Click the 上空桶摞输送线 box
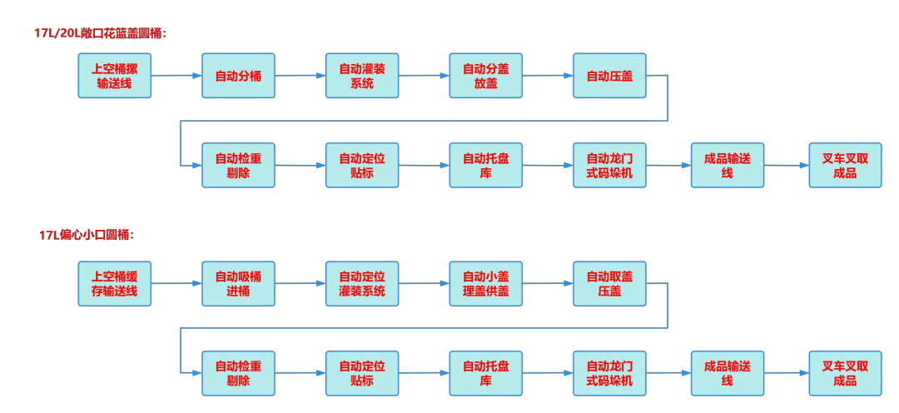(115, 76)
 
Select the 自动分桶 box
(238, 76)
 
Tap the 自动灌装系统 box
(362, 76)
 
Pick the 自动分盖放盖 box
(485, 76)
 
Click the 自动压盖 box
(609, 76)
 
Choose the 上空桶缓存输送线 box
(115, 284)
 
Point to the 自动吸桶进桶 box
(238, 284)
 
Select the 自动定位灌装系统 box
(362, 284)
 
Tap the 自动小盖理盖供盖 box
(485, 284)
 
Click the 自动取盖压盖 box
(609, 284)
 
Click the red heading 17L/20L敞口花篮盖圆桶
(100, 33)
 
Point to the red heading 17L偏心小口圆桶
(86, 236)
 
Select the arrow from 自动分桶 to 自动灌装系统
(300, 76)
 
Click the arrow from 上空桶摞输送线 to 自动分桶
(176, 76)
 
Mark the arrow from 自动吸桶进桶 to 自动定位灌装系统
(300, 284)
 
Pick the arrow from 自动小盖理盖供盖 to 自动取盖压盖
(548, 284)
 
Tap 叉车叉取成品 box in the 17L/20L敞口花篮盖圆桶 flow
(845, 165)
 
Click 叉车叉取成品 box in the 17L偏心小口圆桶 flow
(845, 373)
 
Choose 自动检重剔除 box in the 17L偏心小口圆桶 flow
(238, 373)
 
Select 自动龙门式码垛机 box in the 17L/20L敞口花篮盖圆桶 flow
(609, 165)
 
